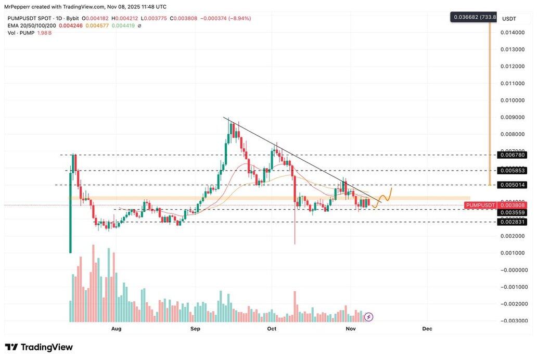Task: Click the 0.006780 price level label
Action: coord(512,155)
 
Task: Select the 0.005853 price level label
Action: coord(512,170)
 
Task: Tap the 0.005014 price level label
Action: coord(512,185)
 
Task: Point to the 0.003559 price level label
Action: coord(512,213)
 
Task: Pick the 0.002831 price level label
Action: coord(512,222)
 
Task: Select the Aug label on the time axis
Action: coord(116,329)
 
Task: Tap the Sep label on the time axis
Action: coord(195,329)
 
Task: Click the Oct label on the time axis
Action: coord(271,329)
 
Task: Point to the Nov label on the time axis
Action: coord(351,329)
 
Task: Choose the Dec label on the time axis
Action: coord(427,329)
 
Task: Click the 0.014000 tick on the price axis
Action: coord(512,32)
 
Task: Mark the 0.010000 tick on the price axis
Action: coord(512,100)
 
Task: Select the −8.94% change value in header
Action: coord(237,18)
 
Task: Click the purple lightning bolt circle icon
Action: coord(368,316)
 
